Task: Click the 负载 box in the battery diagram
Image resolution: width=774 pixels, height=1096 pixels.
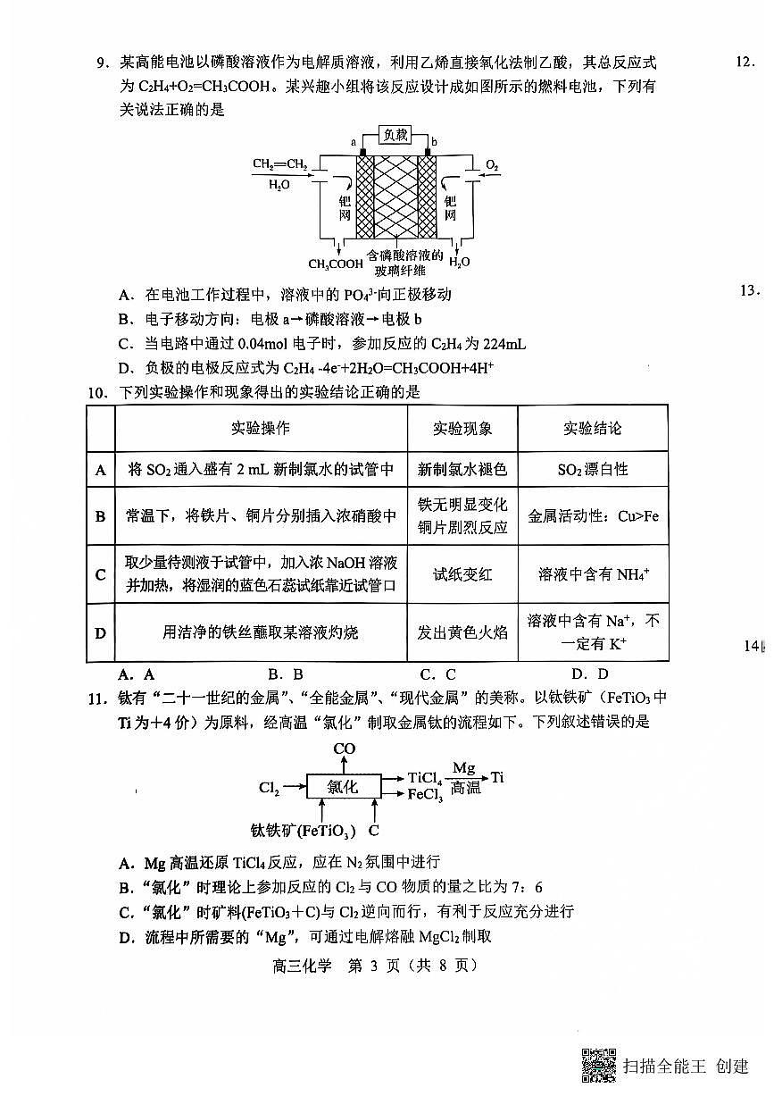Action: coord(395,135)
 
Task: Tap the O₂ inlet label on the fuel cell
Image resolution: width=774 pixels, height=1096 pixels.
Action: coord(492,165)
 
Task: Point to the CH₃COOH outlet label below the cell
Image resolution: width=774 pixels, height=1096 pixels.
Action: coord(336,264)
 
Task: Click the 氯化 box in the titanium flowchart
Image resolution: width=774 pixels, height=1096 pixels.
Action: coord(343,786)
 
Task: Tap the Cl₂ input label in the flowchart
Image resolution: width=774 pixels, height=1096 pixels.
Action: coord(270,787)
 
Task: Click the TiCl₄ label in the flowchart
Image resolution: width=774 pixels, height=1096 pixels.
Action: coord(425,778)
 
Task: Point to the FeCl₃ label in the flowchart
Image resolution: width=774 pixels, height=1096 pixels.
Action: coord(425,794)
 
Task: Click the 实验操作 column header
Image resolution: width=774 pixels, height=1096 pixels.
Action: coord(260,428)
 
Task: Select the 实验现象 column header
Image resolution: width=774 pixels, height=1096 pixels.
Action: coord(462,428)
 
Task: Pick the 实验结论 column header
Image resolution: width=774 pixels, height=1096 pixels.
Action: coord(592,428)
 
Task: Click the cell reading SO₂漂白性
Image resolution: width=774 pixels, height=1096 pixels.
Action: coord(592,469)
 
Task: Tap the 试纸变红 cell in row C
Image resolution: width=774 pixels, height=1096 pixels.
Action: coord(462,574)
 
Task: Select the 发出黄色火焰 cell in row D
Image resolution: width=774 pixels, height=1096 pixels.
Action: coord(462,632)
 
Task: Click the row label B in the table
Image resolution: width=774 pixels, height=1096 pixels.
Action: coord(101,516)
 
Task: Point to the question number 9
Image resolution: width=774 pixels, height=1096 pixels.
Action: coord(103,63)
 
